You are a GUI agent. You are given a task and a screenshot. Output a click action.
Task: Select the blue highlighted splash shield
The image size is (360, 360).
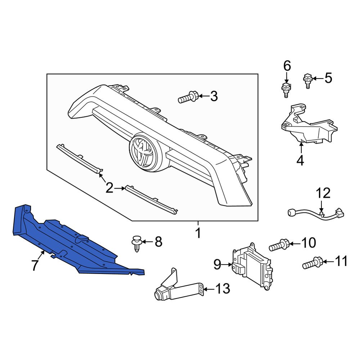(72, 245)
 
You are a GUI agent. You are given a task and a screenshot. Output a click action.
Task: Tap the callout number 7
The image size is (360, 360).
(35, 265)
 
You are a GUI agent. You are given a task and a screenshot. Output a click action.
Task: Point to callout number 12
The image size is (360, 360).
(323, 193)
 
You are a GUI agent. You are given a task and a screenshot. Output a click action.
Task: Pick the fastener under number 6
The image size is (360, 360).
(285, 89)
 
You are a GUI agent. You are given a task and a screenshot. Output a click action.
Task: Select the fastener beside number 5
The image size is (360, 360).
(307, 80)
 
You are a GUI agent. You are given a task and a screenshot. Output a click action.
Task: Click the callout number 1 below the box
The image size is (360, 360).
(198, 234)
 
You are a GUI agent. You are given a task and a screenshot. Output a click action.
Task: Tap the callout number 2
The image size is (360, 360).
(109, 188)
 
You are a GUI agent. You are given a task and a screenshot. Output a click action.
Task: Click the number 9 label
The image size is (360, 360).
(217, 265)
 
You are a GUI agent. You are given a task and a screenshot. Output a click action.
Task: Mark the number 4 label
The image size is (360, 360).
(300, 161)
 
